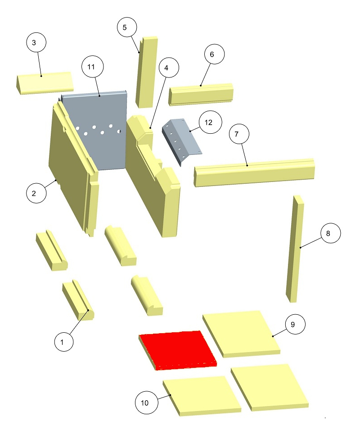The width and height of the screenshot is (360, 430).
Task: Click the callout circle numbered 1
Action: [64, 342]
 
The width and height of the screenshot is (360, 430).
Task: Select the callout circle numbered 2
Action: [36, 193]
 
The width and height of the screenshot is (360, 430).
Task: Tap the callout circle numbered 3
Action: [36, 42]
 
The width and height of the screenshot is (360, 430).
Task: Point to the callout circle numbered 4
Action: [169, 68]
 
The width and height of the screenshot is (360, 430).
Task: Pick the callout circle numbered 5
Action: [127, 27]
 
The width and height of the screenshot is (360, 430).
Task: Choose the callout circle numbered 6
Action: [214, 54]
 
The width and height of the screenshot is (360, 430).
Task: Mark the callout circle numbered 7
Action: [239, 134]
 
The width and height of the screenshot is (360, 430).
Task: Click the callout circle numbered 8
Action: [331, 233]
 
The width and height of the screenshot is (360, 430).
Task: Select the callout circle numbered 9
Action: [295, 324]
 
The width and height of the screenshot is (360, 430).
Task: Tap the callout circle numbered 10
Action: [147, 403]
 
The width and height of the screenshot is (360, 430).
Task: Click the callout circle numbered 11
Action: [93, 67]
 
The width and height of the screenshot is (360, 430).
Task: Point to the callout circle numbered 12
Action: [211, 122]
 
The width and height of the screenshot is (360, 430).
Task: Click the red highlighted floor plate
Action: [178, 350]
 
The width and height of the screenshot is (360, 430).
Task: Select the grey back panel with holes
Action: [94, 130]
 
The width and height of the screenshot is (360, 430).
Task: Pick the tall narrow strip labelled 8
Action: [295, 249]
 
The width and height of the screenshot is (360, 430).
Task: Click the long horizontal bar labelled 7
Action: [254, 172]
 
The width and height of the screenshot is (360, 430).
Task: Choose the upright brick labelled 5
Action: [147, 72]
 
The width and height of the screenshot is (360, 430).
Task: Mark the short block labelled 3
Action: [44, 83]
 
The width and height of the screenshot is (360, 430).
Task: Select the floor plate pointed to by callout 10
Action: [202, 395]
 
